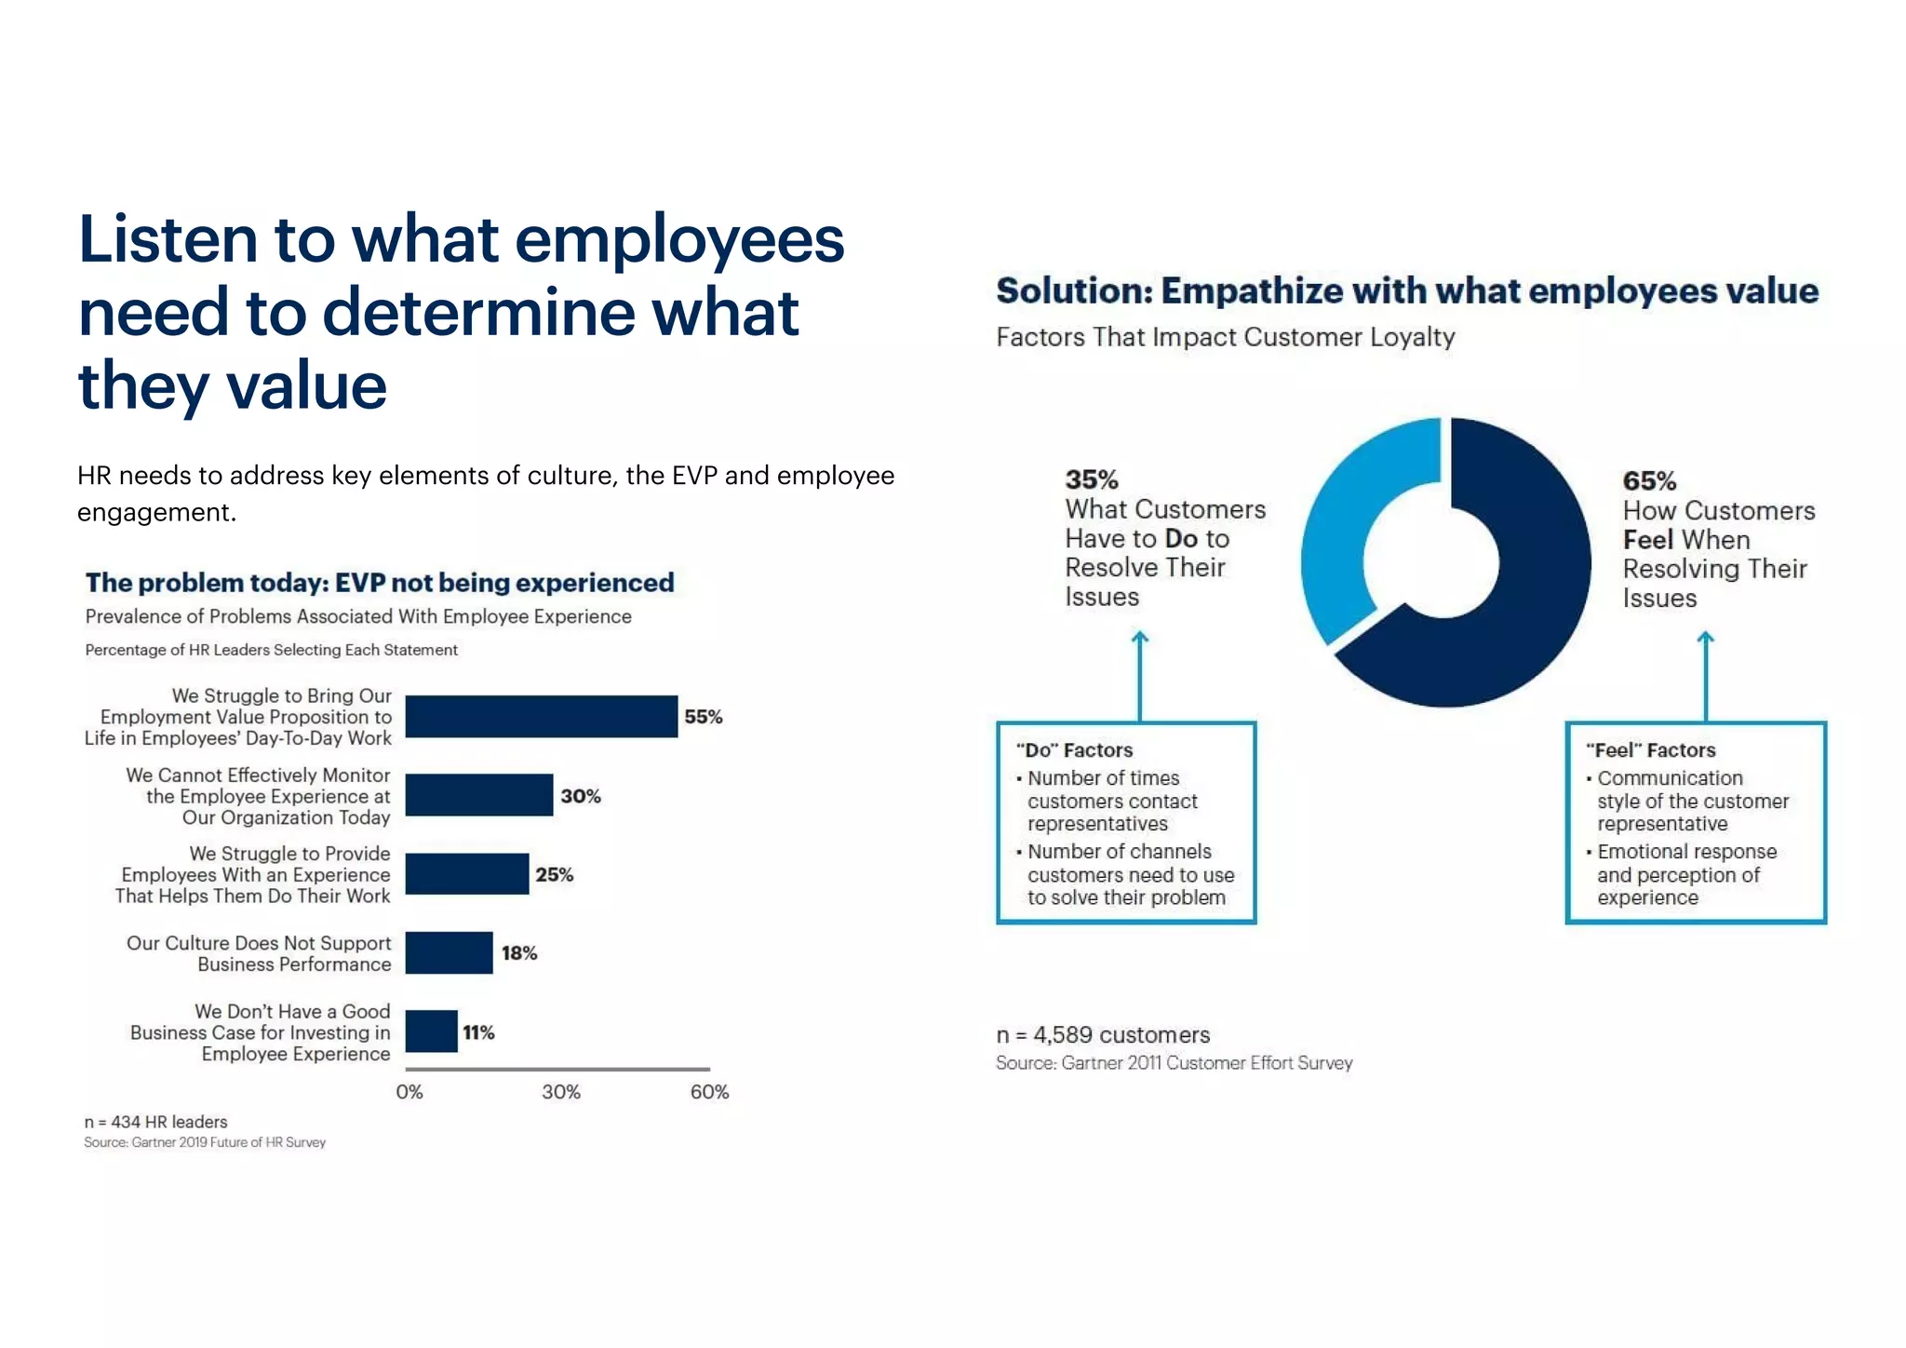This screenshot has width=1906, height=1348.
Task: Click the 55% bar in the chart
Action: coord(541,716)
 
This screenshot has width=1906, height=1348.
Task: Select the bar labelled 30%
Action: coord(478,795)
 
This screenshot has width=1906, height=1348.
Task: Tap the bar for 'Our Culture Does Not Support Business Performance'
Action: coord(449,952)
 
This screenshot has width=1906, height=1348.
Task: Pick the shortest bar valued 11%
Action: coord(431,1031)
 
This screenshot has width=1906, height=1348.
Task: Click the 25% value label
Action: coord(554,874)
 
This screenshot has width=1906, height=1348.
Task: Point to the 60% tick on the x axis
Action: coord(709,1092)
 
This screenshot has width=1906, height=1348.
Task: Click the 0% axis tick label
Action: coord(409,1092)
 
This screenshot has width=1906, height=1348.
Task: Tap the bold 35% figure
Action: coord(1091,479)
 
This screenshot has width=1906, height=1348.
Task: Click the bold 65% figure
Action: coord(1648,480)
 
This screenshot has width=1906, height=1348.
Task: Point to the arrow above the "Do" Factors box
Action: coord(1139,675)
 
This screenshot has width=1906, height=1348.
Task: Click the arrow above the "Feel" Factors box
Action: coord(1705,675)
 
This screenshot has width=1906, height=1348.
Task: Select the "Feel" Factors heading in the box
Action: coord(1649,750)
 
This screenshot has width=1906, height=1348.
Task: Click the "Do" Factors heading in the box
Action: coord(1074,750)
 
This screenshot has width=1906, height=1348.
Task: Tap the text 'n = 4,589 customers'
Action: coord(1102,1034)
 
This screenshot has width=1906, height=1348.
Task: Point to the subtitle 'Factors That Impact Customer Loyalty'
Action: coord(1225,337)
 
